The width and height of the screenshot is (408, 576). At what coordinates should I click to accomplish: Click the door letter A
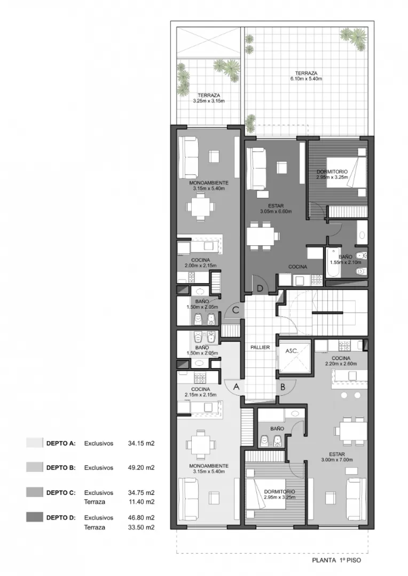pyautogui.click(x=236, y=387)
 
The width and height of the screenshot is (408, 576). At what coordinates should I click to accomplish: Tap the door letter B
pyautogui.click(x=283, y=387)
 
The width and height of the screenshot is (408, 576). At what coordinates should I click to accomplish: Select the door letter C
pyautogui.click(x=235, y=310)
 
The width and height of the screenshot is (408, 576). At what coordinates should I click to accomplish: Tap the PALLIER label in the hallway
pyautogui.click(x=260, y=347)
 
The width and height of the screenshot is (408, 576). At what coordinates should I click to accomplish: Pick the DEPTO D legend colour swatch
pyautogui.click(x=34, y=517)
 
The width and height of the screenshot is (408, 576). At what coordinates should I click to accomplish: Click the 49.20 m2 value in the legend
pyautogui.click(x=141, y=468)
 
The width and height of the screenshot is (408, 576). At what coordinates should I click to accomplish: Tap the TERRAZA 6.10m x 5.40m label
pyautogui.click(x=306, y=76)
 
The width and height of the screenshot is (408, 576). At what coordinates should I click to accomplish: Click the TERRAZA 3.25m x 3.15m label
pyautogui.click(x=209, y=98)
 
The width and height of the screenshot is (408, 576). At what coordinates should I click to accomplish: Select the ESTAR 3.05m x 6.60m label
pyautogui.click(x=276, y=208)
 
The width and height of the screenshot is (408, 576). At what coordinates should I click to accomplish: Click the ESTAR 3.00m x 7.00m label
pyautogui.click(x=337, y=457)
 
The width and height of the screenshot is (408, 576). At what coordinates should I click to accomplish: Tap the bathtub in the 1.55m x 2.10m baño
pyautogui.click(x=333, y=262)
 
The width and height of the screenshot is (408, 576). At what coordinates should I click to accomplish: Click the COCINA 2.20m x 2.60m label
pyautogui.click(x=341, y=361)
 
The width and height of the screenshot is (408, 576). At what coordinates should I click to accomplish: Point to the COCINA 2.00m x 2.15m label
pyautogui.click(x=200, y=263)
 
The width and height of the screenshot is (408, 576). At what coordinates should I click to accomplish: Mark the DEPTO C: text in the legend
pyautogui.click(x=61, y=493)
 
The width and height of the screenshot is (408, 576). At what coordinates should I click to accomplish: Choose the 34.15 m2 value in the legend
pyautogui.click(x=141, y=443)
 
